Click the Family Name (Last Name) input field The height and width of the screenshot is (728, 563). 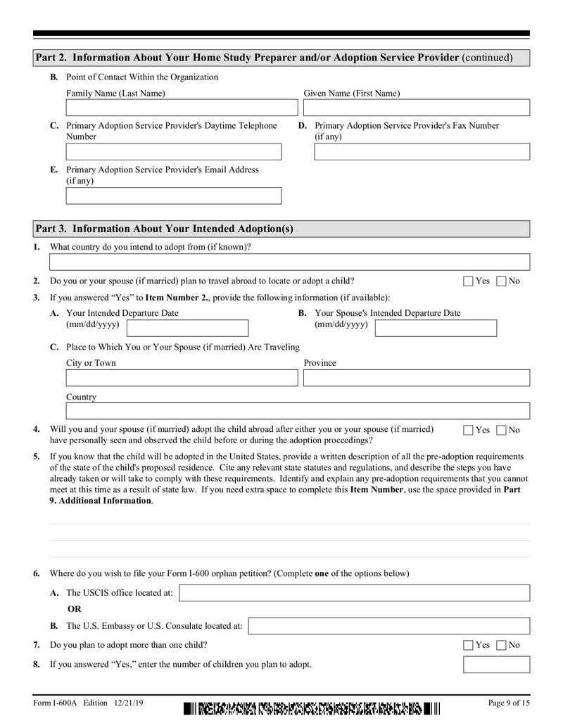(182, 108)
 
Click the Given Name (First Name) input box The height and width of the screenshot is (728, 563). (416, 108)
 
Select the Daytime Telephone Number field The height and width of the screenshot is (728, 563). (173, 152)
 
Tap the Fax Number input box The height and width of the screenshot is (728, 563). (422, 152)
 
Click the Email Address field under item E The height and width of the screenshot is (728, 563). (173, 196)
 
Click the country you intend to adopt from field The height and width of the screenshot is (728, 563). (289, 262)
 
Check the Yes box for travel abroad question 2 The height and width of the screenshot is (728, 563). (468, 281)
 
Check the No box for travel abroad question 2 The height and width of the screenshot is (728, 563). (501, 281)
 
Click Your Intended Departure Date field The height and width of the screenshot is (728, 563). (187, 328)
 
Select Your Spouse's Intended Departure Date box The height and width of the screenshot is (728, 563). (436, 328)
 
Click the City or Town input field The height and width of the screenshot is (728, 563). (182, 378)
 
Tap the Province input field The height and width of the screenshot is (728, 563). (416, 378)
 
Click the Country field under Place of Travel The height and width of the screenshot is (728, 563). (298, 411)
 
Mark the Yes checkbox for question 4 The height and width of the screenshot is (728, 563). (468, 430)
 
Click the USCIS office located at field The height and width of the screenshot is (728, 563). (355, 593)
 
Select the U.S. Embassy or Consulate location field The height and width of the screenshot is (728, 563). (389, 626)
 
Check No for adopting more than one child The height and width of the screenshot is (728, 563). (501, 645)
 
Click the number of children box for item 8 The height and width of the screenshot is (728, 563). (496, 665)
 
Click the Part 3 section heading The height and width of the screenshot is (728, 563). (165, 229)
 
